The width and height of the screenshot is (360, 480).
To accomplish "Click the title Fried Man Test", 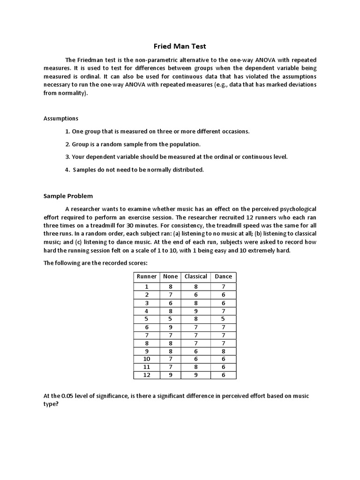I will (x=180, y=46).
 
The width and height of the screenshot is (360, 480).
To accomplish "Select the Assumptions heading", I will (x=61, y=118).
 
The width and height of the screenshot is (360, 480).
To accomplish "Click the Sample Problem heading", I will (x=68, y=196).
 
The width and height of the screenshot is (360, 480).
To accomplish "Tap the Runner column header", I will (x=147, y=277).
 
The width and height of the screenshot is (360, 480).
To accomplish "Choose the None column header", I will (x=170, y=277).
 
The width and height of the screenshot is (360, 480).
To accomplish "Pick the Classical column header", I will (x=196, y=277).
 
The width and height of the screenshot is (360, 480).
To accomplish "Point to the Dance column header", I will (x=223, y=277).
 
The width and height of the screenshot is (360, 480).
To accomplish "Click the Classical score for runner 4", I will (x=196, y=311).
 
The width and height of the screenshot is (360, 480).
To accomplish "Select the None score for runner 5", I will (x=170, y=319).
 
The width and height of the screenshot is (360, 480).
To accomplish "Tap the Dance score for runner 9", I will (x=223, y=351).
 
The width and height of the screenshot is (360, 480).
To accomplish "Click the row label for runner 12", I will (x=147, y=375).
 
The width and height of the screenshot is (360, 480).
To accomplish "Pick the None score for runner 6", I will (x=170, y=327).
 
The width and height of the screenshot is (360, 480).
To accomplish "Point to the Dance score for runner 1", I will (x=223, y=287).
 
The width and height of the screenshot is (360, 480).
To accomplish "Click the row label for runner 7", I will (x=147, y=335).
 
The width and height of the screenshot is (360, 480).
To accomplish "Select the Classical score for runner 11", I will (x=196, y=367).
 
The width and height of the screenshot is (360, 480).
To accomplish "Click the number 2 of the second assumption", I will (x=67, y=144).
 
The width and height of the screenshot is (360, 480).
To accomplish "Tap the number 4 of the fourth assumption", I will (x=67, y=170).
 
